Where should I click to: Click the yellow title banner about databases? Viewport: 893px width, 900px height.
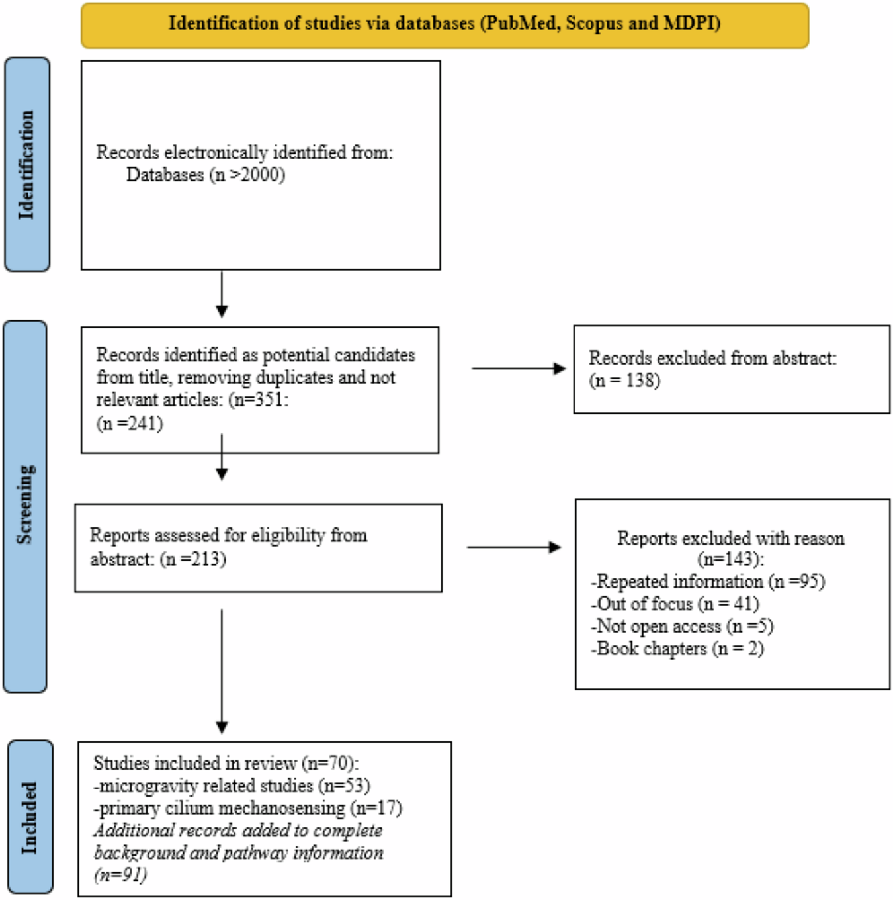point(445,25)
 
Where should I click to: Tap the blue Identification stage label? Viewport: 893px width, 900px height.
point(27,165)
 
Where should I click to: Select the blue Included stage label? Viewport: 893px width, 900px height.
point(30,817)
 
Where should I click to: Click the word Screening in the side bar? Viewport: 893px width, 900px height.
point(25,505)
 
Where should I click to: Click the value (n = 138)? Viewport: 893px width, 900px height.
point(624,381)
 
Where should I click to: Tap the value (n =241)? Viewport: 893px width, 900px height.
point(130,424)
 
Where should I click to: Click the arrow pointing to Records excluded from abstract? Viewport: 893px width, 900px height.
point(519,369)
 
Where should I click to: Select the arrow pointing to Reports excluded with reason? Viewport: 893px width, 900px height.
point(514,547)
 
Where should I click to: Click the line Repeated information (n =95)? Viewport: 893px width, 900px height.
point(708,582)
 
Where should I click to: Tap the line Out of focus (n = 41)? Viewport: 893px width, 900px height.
point(675,604)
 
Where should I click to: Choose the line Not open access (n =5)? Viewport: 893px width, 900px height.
point(682,627)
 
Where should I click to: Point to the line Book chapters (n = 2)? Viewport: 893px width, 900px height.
point(677,649)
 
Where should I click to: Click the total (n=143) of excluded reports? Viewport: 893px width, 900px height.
point(730,560)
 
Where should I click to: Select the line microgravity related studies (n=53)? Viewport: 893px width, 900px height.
point(232,786)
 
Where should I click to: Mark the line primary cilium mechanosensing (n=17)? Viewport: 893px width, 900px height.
point(247,809)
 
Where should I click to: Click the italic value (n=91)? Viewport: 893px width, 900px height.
point(120,876)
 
